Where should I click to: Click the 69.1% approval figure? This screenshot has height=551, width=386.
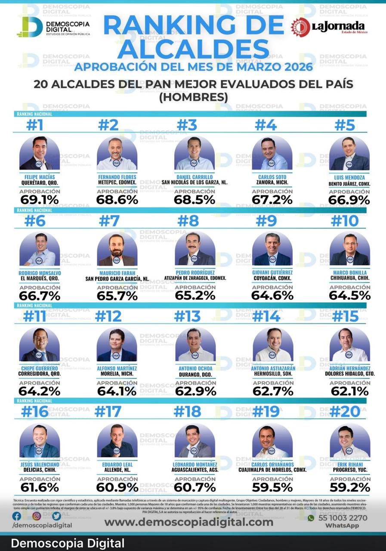(39, 200)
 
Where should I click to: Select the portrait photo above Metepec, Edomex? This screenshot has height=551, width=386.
(117, 154)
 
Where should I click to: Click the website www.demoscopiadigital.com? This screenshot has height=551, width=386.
(188, 522)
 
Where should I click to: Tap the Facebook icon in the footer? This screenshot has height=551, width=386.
(17, 516)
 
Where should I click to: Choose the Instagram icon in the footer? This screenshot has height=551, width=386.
(37, 516)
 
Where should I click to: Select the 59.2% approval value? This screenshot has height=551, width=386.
(350, 487)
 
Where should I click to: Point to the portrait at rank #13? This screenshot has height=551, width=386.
(195, 345)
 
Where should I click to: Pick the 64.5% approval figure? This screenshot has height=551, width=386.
(349, 296)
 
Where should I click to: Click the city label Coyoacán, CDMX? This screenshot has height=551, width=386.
(272, 278)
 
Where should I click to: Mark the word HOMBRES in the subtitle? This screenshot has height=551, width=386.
(193, 98)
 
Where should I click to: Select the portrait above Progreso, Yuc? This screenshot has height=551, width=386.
(349, 441)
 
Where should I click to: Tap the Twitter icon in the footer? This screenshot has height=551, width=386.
(56, 516)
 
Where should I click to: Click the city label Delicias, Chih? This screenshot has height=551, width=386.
(39, 470)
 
